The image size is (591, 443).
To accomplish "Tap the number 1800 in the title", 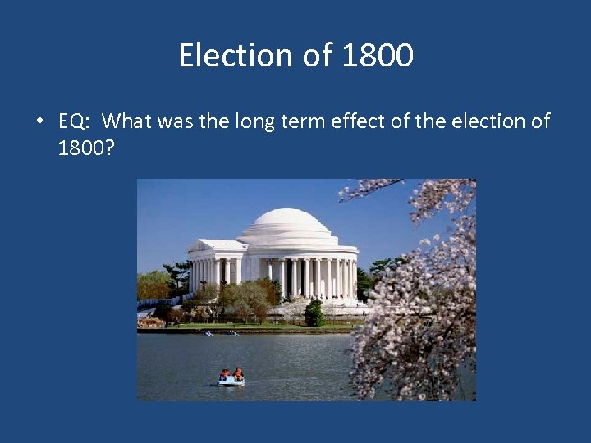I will [377, 56].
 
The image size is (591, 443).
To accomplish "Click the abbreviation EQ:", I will [76, 122].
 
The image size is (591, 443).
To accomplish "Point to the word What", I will [133, 121].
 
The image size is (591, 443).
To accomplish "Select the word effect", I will [359, 121].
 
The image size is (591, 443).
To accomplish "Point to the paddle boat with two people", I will [231, 377].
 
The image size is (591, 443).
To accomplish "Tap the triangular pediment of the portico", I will [216, 245].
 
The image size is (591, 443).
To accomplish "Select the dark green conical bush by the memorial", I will [314, 313].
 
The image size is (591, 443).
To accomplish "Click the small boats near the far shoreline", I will [220, 333].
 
